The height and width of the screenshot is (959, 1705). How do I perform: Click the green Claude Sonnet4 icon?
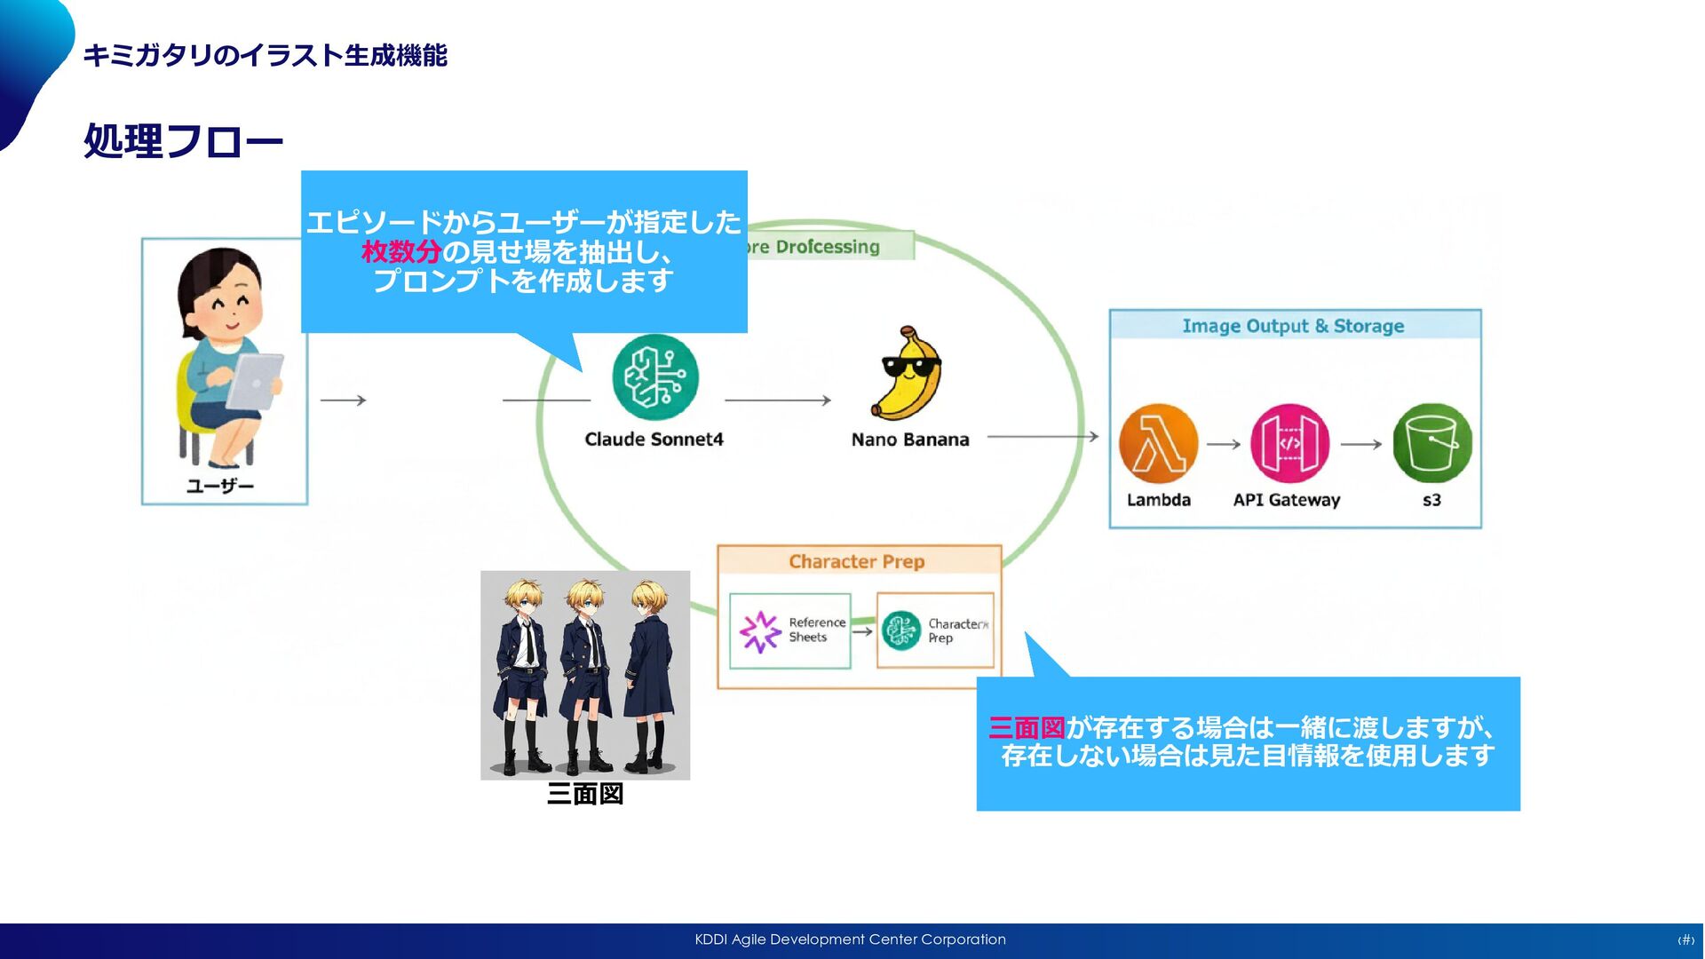coord(655,377)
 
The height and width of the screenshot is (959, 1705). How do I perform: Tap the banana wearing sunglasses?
coord(908,374)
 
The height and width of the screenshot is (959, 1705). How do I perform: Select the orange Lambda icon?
coord(1158,443)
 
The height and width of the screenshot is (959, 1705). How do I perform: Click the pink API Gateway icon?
coord(1289,443)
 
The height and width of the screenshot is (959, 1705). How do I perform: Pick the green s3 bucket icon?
coord(1431,443)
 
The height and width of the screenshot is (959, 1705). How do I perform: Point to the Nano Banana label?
coord(909,440)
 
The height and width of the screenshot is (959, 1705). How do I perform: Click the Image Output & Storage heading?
coord(1293,326)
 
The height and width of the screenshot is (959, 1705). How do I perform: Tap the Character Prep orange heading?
coord(856,561)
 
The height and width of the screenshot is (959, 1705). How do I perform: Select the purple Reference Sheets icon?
coord(760,630)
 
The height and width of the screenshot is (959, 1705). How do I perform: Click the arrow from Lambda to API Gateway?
coord(1223,444)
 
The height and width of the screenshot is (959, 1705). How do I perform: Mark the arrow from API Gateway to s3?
coord(1360,444)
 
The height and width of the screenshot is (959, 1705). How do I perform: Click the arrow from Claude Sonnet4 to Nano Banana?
coord(777,400)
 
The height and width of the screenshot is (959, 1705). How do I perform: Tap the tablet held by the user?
coord(256,380)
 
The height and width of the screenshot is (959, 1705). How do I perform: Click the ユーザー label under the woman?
coord(220,486)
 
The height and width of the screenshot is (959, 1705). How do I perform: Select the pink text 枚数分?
coord(401,252)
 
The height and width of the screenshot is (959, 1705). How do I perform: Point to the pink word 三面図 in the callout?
coord(1027,728)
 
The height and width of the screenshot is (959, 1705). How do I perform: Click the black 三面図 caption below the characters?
coord(585,794)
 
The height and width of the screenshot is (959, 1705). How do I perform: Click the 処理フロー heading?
coord(183,140)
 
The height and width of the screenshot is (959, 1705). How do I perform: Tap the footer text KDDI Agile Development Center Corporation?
coord(850,939)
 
